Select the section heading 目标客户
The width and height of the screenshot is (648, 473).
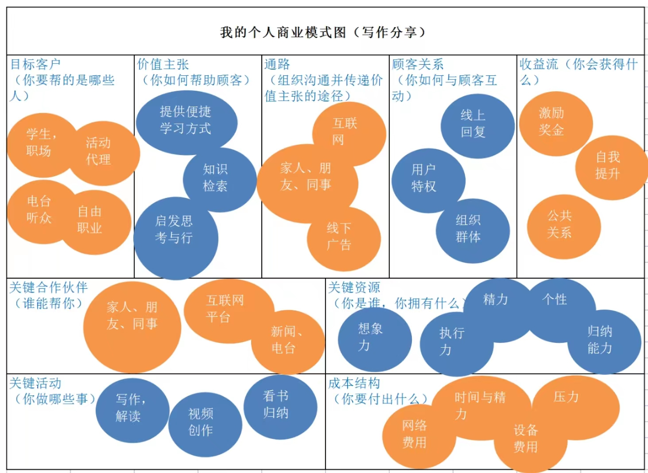click(35, 64)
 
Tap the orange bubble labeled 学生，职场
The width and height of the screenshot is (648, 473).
click(40, 143)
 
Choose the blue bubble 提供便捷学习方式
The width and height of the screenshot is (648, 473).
click(186, 120)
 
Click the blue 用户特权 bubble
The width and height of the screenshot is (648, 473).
click(425, 178)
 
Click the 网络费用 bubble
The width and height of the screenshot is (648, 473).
click(414, 435)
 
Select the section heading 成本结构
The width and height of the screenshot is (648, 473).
click(354, 383)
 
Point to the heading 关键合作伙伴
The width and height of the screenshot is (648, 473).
click(49, 287)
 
